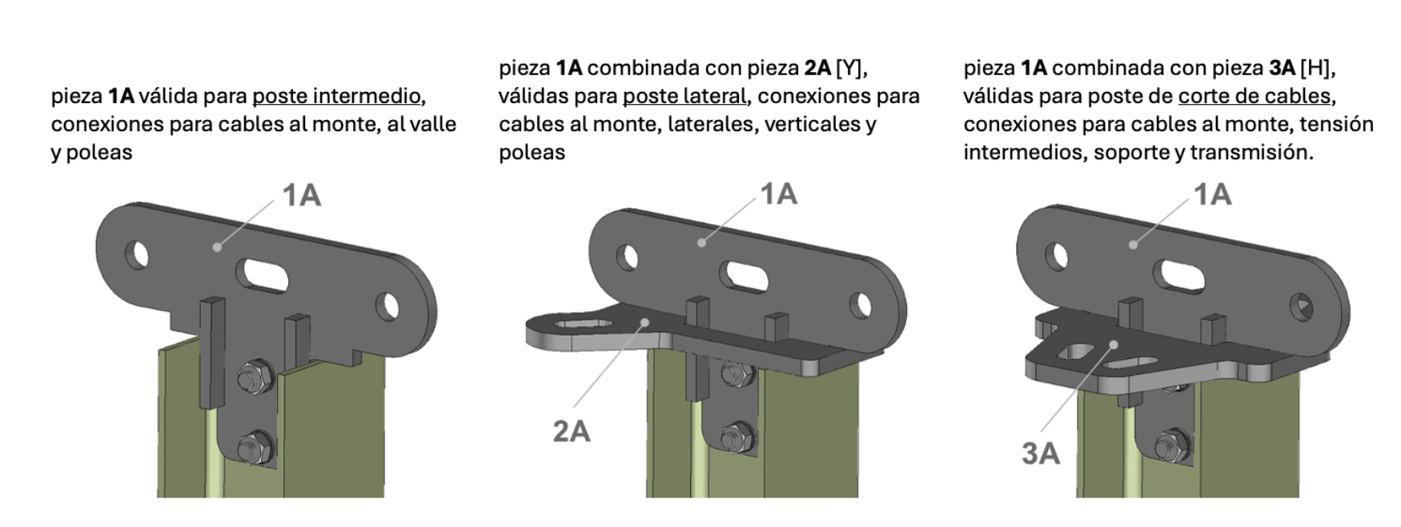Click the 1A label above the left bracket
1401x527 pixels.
click(301, 195)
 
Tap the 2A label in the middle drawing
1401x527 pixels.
click(572, 431)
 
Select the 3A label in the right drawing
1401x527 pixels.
click(1041, 453)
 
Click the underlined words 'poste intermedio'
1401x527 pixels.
click(336, 96)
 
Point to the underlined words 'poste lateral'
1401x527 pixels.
click(684, 96)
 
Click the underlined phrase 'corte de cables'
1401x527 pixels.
click(1254, 96)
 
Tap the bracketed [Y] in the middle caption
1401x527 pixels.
click(850, 68)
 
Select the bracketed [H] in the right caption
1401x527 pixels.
click(1315, 68)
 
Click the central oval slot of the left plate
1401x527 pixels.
click(265, 274)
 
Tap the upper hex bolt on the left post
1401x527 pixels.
click(256, 376)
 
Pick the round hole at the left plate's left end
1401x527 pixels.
click(138, 255)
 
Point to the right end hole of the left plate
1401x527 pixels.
click(387, 306)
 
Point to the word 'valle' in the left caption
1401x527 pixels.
click(433, 124)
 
